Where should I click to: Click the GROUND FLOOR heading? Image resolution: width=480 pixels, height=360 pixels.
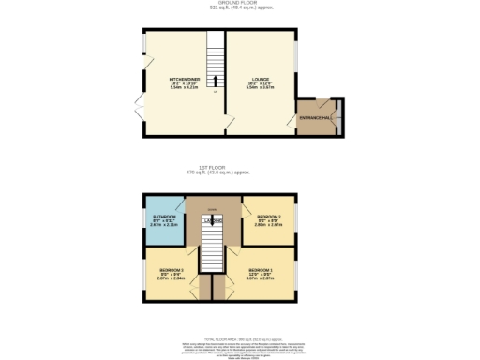point(239,5)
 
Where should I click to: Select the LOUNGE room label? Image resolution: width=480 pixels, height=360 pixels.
point(261,79)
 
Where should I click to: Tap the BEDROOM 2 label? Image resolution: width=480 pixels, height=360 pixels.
point(268,217)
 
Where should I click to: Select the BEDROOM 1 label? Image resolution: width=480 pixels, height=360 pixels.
point(261,270)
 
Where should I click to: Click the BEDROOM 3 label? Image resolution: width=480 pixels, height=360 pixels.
point(171,270)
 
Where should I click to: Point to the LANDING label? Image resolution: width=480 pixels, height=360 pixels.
point(213,221)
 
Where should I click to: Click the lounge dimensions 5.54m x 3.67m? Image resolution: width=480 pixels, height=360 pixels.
point(261,86)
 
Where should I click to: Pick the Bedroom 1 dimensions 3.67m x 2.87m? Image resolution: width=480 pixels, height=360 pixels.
point(261,278)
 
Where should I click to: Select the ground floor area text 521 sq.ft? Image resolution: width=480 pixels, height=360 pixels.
point(240,11)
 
